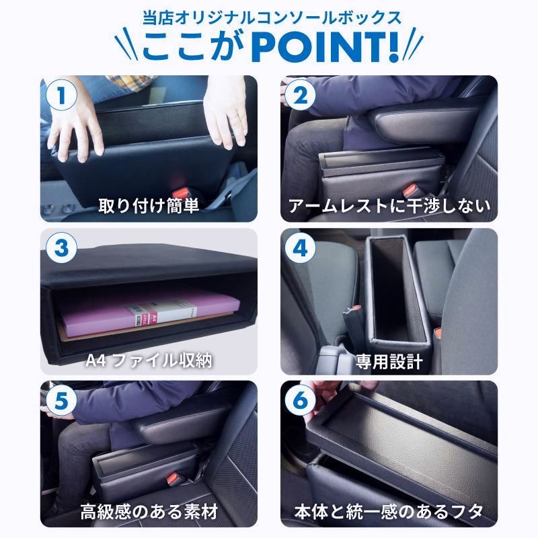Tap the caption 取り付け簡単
coord(149,206)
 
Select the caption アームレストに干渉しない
coord(389,206)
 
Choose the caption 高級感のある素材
coord(149,512)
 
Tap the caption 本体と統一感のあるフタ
coord(389,512)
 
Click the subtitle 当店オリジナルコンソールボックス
coord(269,15)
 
